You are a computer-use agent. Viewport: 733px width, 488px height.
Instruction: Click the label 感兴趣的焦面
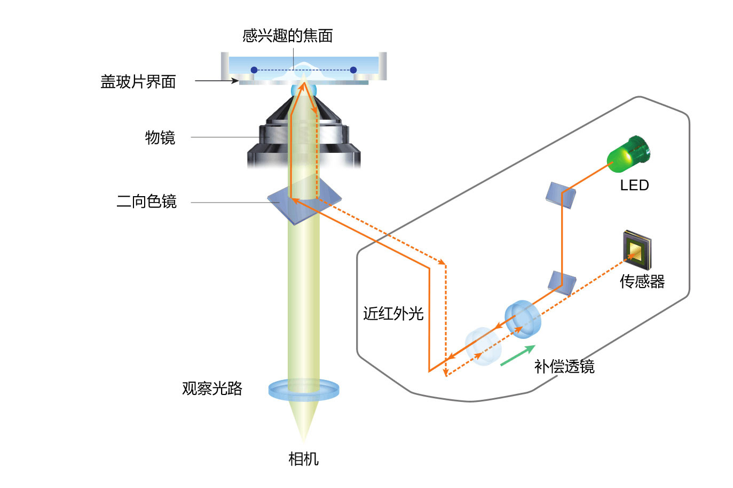[287, 36]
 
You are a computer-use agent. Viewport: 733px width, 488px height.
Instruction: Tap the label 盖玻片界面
[138, 82]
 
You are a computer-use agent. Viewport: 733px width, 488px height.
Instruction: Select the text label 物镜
[160, 138]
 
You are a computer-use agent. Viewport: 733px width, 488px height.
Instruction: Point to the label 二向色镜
[146, 202]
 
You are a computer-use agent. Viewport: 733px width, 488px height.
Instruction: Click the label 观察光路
[212, 388]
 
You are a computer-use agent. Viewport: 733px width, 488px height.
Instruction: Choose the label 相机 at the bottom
[303, 459]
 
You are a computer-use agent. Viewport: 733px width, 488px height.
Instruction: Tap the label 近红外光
[393, 313]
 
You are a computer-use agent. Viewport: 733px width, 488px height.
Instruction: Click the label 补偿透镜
[564, 367]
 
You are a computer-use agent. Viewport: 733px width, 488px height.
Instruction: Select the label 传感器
[642, 281]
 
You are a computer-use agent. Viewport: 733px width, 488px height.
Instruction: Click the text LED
[634, 185]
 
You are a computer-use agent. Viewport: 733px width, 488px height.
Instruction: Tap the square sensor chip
[637, 250]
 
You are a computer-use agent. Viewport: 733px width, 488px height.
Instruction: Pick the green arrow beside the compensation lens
[517, 355]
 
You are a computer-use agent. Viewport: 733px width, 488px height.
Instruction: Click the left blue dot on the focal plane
[254, 70]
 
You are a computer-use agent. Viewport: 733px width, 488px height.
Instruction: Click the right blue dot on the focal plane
[353, 70]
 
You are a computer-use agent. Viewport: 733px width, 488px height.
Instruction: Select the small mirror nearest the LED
[561, 195]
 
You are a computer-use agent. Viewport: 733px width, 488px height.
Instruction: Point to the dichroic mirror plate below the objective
[304, 203]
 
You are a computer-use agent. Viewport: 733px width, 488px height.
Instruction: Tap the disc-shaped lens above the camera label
[303, 390]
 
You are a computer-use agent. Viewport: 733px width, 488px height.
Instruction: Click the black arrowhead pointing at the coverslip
[234, 81]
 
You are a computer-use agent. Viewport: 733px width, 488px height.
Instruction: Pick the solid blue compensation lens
[523, 319]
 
